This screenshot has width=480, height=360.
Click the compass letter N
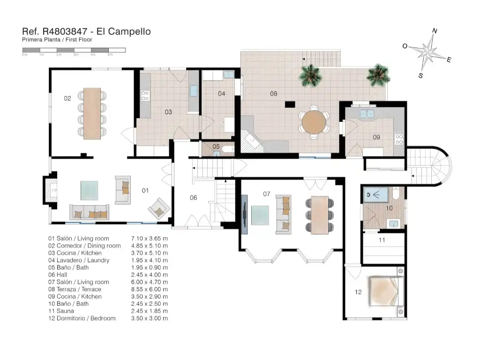tap(435, 31)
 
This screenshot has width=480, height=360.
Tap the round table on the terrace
tap(314, 122)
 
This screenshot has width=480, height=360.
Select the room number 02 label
tap(67, 98)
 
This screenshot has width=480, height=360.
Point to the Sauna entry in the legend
tap(61, 311)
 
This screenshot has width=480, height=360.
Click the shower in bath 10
tap(376, 195)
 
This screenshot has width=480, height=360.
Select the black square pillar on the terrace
tap(290, 105)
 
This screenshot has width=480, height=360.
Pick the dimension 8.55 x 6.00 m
tap(150, 289)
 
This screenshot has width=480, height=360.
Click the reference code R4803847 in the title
tap(65, 31)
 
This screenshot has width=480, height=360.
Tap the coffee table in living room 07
tap(260, 215)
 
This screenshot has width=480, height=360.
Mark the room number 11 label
tap(382, 240)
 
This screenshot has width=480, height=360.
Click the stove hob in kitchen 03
tap(145, 96)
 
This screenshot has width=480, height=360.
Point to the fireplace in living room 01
tap(51, 190)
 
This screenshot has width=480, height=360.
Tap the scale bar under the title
tap(74, 50)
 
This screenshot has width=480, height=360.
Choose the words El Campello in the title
tap(124, 31)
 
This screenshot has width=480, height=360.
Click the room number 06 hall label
tap(194, 198)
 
